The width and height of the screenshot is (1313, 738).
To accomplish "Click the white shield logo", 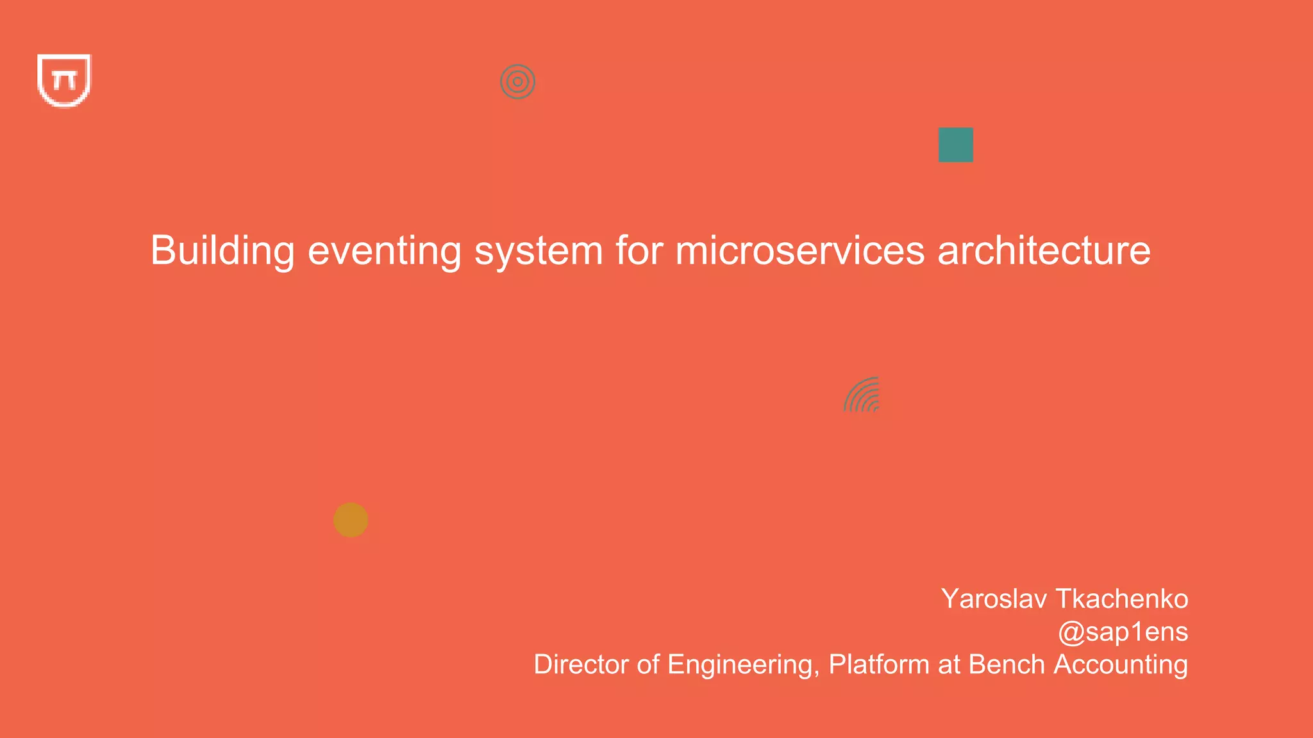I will point(64,81).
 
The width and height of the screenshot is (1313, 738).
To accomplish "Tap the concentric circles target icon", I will point(517,81).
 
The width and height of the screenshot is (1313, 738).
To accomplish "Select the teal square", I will point(955,145).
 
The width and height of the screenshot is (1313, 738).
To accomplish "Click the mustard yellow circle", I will point(351,520).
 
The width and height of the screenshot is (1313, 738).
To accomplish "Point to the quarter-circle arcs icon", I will point(863,395).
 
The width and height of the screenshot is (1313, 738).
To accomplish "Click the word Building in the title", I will point(222,250).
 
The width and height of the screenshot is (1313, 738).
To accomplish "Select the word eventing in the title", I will point(384,250).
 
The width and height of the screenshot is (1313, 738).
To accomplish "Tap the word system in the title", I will point(539,250).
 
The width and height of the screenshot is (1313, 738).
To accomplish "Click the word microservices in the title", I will point(799,250).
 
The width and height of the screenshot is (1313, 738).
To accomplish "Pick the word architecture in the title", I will point(1044,250).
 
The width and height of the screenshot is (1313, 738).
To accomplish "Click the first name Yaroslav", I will point(994,599).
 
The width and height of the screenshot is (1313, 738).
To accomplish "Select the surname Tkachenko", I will point(1122,599).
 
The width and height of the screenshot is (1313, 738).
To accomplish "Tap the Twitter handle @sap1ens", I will point(1123,632).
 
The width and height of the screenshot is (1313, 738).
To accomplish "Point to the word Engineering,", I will point(743,664).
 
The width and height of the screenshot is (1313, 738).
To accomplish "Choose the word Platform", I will point(878,664).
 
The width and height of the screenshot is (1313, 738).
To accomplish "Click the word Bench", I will point(1007,664).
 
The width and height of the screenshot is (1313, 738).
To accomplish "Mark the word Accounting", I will point(1121,664).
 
